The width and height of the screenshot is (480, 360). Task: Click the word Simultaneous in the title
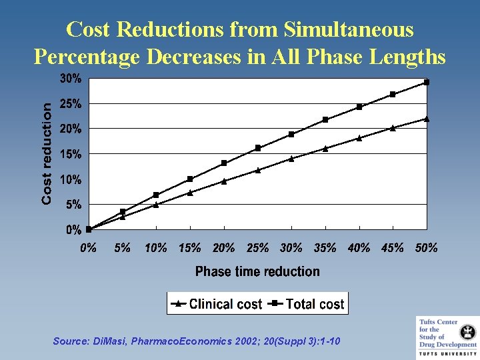click(348, 29)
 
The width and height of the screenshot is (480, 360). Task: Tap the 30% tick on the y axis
click(71, 79)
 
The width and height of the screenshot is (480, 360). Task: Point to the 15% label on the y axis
click(71, 154)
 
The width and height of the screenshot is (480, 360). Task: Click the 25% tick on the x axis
click(257, 248)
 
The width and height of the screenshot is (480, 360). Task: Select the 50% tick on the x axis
click(427, 248)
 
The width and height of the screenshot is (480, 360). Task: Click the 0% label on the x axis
click(88, 248)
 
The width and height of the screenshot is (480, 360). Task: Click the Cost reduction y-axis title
click(47, 154)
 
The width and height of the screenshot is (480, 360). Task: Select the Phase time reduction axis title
click(257, 271)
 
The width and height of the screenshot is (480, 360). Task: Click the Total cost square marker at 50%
click(427, 82)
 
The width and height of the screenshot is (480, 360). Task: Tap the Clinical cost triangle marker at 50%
click(427, 119)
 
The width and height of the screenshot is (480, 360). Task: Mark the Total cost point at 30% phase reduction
click(291, 134)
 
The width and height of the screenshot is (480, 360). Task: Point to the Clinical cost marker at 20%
click(223, 181)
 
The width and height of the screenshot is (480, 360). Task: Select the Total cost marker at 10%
click(156, 195)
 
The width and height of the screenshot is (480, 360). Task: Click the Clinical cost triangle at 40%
click(359, 138)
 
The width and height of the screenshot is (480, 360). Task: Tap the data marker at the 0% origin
click(89, 229)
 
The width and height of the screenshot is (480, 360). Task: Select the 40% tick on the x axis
click(359, 248)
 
